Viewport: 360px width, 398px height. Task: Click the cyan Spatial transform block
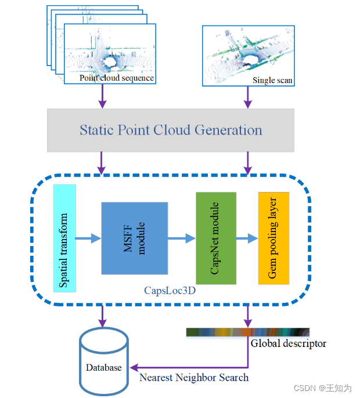pyautogui.click(x=64, y=238)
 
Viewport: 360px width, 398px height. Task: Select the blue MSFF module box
pyautogui.click(x=134, y=238)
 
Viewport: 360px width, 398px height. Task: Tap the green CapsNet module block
pyautogui.click(x=216, y=238)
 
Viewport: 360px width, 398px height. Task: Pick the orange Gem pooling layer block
pyautogui.click(x=273, y=238)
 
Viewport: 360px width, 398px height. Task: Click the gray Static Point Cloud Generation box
pyautogui.click(x=170, y=129)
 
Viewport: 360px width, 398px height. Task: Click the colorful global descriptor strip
pyautogui.click(x=247, y=332)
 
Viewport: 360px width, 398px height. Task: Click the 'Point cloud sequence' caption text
pyautogui.click(x=117, y=78)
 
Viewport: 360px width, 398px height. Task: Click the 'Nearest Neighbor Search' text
pyautogui.click(x=194, y=378)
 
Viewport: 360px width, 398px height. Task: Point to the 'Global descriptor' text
pyautogui.click(x=289, y=343)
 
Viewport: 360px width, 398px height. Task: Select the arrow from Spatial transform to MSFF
pyautogui.click(x=88, y=238)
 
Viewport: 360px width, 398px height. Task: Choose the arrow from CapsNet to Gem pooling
pyautogui.click(x=247, y=238)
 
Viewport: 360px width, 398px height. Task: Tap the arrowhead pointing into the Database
pyautogui.click(x=134, y=367)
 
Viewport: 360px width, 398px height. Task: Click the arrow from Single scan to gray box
pyautogui.click(x=248, y=96)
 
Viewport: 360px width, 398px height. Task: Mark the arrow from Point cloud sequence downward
pyautogui.click(x=102, y=96)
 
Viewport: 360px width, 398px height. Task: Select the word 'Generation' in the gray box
pyautogui.click(x=231, y=129)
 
